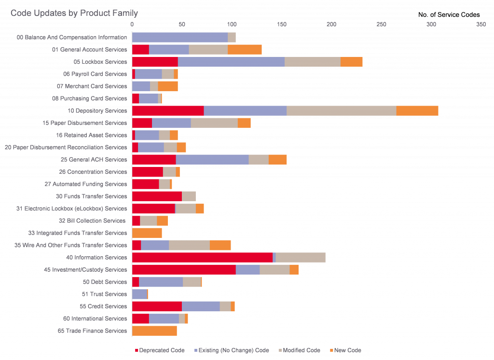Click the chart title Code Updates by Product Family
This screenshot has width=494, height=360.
(74, 13)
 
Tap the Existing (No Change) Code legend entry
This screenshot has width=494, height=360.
(231, 350)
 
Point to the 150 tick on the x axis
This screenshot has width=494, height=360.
(281, 24)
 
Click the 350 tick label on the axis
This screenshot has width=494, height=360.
(481, 24)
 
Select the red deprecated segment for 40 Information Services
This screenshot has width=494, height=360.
(202, 258)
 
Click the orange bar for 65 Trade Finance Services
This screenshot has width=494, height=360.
(154, 331)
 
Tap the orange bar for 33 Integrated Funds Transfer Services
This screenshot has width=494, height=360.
(147, 233)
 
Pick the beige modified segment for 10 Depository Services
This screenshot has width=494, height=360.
(341, 111)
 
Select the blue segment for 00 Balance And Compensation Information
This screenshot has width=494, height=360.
(179, 37)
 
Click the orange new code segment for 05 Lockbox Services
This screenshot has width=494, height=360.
(351, 62)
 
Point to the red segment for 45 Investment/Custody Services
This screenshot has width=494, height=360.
(184, 270)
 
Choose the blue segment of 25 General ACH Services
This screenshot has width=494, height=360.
(212, 160)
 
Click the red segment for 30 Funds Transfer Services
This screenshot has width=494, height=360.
(157, 196)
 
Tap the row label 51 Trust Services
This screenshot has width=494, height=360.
(104, 294)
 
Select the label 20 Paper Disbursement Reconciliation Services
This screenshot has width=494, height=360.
(66, 148)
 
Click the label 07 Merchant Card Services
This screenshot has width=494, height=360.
(92, 86)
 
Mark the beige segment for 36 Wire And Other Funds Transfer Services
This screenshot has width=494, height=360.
(189, 245)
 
